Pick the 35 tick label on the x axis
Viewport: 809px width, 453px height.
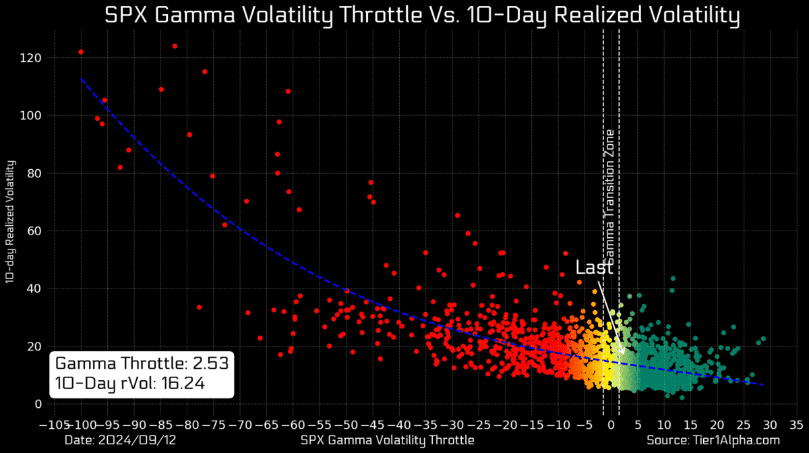point(796,425)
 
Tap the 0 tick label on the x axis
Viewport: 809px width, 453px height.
point(611,425)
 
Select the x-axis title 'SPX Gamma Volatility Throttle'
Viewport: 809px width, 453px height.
point(387,440)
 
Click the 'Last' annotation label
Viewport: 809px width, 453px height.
point(594,267)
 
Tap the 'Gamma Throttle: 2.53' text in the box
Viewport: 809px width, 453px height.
point(142,363)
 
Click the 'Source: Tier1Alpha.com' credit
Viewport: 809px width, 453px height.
point(713,440)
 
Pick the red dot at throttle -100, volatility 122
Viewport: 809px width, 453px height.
point(81,52)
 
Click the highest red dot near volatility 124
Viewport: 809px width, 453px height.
point(175,46)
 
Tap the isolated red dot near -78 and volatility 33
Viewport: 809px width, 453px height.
point(199,307)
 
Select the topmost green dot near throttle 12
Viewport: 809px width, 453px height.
point(672,278)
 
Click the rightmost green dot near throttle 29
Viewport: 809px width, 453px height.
point(763,339)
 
